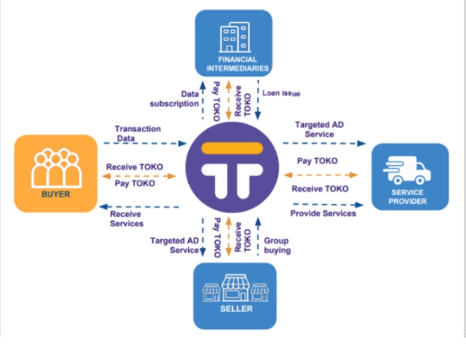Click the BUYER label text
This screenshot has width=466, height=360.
coord(55,194)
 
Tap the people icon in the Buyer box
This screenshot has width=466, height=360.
coord(56,168)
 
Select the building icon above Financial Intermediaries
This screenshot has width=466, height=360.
coord(235,37)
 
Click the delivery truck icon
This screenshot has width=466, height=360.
coord(407,170)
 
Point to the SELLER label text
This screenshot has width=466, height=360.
coord(236,309)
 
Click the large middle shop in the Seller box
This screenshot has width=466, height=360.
coord(235,288)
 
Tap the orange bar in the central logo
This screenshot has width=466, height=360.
coord(232,148)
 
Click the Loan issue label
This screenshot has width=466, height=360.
coord(281,93)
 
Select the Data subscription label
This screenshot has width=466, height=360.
coord(174,99)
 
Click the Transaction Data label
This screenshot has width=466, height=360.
coord(137,134)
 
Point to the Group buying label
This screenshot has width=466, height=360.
coord(277,246)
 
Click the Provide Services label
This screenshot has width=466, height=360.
coord(323,213)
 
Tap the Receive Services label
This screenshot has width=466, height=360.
coord(127,219)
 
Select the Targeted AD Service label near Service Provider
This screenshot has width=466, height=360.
coord(319,129)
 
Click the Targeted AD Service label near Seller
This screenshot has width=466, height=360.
coord(174,245)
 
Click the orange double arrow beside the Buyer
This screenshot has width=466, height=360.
coord(139,176)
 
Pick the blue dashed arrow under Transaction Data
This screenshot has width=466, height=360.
coord(145,144)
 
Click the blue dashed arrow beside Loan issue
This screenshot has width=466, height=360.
coord(258,99)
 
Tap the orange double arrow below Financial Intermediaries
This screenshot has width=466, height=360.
coord(229,100)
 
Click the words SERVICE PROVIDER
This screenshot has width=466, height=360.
coord(408,197)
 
